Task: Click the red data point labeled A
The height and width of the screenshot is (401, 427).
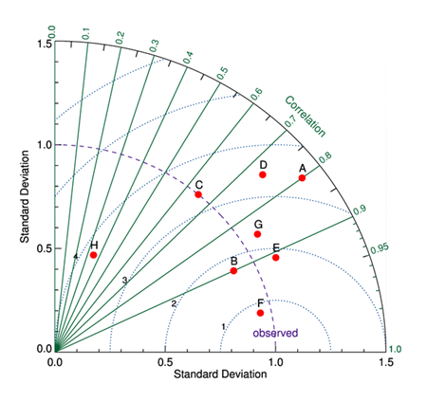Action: coord(303,177)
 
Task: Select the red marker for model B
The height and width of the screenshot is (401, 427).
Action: coord(234,271)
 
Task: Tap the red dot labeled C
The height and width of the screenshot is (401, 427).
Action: coord(198,194)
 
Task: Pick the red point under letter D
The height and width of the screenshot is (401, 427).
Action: coord(263,174)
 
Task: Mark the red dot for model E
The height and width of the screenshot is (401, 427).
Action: coord(276,257)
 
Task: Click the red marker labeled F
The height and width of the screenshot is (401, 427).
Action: coord(261,313)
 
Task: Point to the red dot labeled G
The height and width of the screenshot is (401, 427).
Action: coord(257,234)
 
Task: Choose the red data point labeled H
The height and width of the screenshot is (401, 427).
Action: coord(93,255)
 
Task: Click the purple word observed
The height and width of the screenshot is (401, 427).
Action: coord(275,333)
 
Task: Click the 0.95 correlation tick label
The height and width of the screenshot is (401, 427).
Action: coord(381,248)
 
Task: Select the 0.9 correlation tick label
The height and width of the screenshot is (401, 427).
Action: coord(360,209)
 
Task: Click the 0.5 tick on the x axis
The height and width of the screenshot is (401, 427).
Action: coord(165,362)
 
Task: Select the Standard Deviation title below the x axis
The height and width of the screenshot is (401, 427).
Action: coord(220,377)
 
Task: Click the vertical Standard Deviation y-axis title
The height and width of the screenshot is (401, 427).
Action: coord(23,195)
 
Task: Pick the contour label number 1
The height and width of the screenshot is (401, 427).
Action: coord(223,326)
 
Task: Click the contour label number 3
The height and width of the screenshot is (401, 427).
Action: coord(123,281)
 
